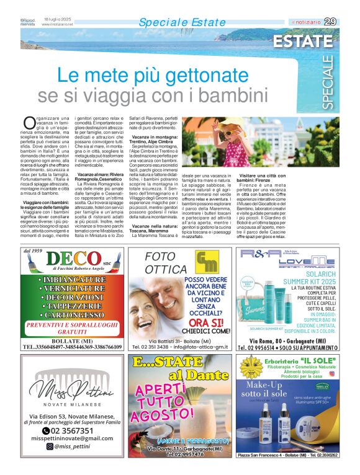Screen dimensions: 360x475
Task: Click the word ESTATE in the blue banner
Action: pyautogui.click(x=304, y=42)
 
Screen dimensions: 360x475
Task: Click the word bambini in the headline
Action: pyautogui.click(x=228, y=96)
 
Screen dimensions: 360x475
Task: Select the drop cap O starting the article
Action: pyautogui.click(x=29, y=122)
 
